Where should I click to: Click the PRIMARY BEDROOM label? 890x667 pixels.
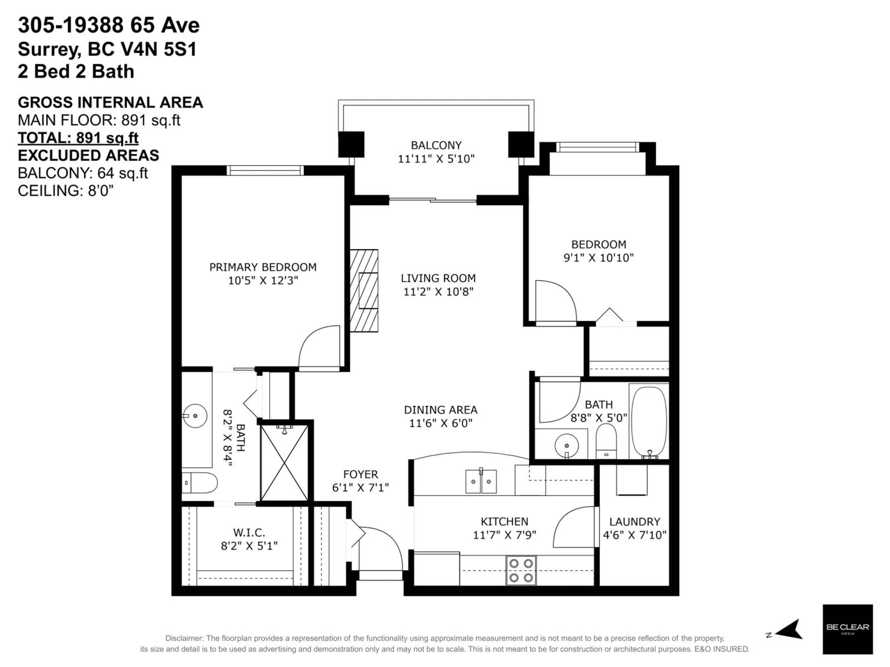tap(263, 267)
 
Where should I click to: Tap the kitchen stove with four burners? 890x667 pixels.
tap(521, 570)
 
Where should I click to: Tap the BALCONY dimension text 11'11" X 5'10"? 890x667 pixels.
tap(436, 159)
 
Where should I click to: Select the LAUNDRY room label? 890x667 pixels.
tap(635, 522)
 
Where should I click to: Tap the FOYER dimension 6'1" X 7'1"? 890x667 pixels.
tap(360, 488)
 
